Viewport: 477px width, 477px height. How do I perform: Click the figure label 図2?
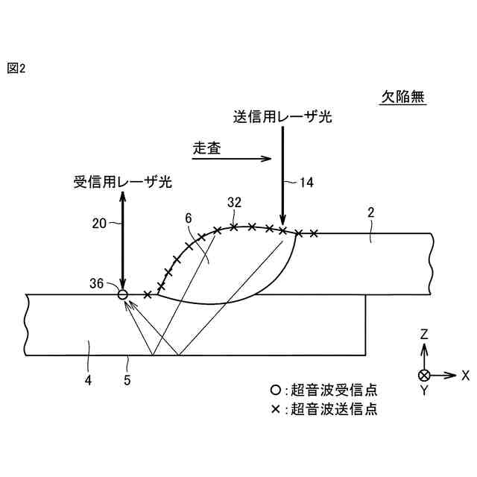(x=16, y=69)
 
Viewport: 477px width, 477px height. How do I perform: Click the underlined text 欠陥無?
(x=403, y=97)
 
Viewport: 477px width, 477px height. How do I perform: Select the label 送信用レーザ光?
(x=282, y=117)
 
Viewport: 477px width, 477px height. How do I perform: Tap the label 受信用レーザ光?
(x=122, y=181)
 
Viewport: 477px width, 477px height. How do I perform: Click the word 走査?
(x=206, y=148)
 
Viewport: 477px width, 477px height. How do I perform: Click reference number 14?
(x=306, y=181)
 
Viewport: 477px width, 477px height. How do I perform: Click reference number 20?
(x=101, y=221)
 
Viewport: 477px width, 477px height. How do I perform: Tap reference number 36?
(x=96, y=282)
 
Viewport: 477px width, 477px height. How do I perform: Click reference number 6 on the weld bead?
(x=189, y=218)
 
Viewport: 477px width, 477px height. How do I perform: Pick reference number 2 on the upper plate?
(x=370, y=213)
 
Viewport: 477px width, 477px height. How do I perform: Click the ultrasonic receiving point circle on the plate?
(x=124, y=295)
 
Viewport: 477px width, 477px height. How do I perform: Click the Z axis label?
(x=423, y=335)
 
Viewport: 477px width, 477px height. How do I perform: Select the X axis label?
(x=465, y=375)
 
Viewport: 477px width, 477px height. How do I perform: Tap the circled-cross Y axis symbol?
(x=424, y=375)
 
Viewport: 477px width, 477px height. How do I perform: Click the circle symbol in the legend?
(x=275, y=390)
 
